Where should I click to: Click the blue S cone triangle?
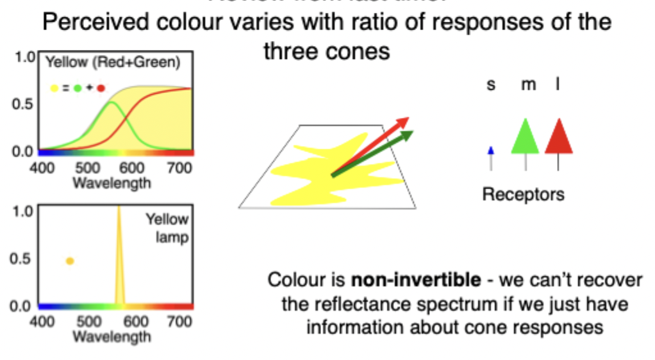pos(491,151)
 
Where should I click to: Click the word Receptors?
pos(523,193)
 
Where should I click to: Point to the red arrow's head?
pos(403,122)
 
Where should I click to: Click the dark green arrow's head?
pos(408,135)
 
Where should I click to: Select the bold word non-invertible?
pos(415,280)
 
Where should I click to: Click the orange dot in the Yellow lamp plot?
pos(70,261)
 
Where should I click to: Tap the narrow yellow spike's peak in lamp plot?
pos(119,209)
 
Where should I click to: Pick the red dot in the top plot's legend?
pos(101,88)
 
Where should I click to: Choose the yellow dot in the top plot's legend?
pos(54,88)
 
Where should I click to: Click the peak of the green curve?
pos(112,102)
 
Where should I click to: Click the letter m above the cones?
pos(528,84)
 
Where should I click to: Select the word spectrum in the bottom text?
pos(459,304)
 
